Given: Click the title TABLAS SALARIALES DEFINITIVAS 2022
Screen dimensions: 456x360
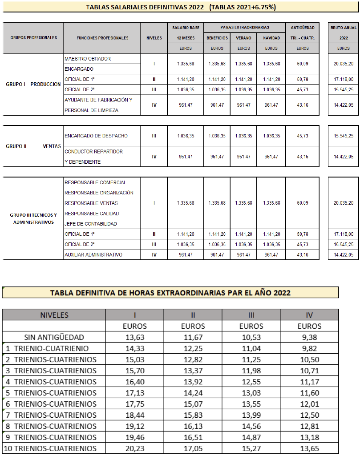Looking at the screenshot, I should [142, 7].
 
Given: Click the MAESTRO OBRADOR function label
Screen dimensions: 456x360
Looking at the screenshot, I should [88, 59].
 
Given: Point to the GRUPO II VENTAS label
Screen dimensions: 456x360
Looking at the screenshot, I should [33, 146].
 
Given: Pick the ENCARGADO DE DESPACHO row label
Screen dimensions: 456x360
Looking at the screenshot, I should [96, 136].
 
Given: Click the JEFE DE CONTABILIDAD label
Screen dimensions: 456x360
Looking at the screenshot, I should [91, 224].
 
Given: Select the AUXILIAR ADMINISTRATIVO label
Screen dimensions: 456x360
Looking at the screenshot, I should [93, 254].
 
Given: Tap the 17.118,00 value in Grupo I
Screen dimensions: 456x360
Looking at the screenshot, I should [343, 79].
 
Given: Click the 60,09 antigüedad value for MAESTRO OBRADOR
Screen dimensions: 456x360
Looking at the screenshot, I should [302, 64].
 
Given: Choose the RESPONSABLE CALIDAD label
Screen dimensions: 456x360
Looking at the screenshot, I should [92, 214].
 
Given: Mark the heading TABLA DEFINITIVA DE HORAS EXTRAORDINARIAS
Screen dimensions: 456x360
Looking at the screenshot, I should [170, 293].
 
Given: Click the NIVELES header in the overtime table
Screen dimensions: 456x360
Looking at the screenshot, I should [54, 315].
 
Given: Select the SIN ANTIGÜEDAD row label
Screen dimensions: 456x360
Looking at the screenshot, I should [54, 337].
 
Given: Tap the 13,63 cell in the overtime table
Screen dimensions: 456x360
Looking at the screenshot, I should [135, 337].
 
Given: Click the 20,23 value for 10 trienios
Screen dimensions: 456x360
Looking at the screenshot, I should [135, 448].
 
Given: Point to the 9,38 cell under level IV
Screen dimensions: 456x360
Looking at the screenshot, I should [309, 337].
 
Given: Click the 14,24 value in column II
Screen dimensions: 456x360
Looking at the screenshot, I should [193, 393].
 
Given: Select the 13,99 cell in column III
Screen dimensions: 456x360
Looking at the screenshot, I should [251, 415].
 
